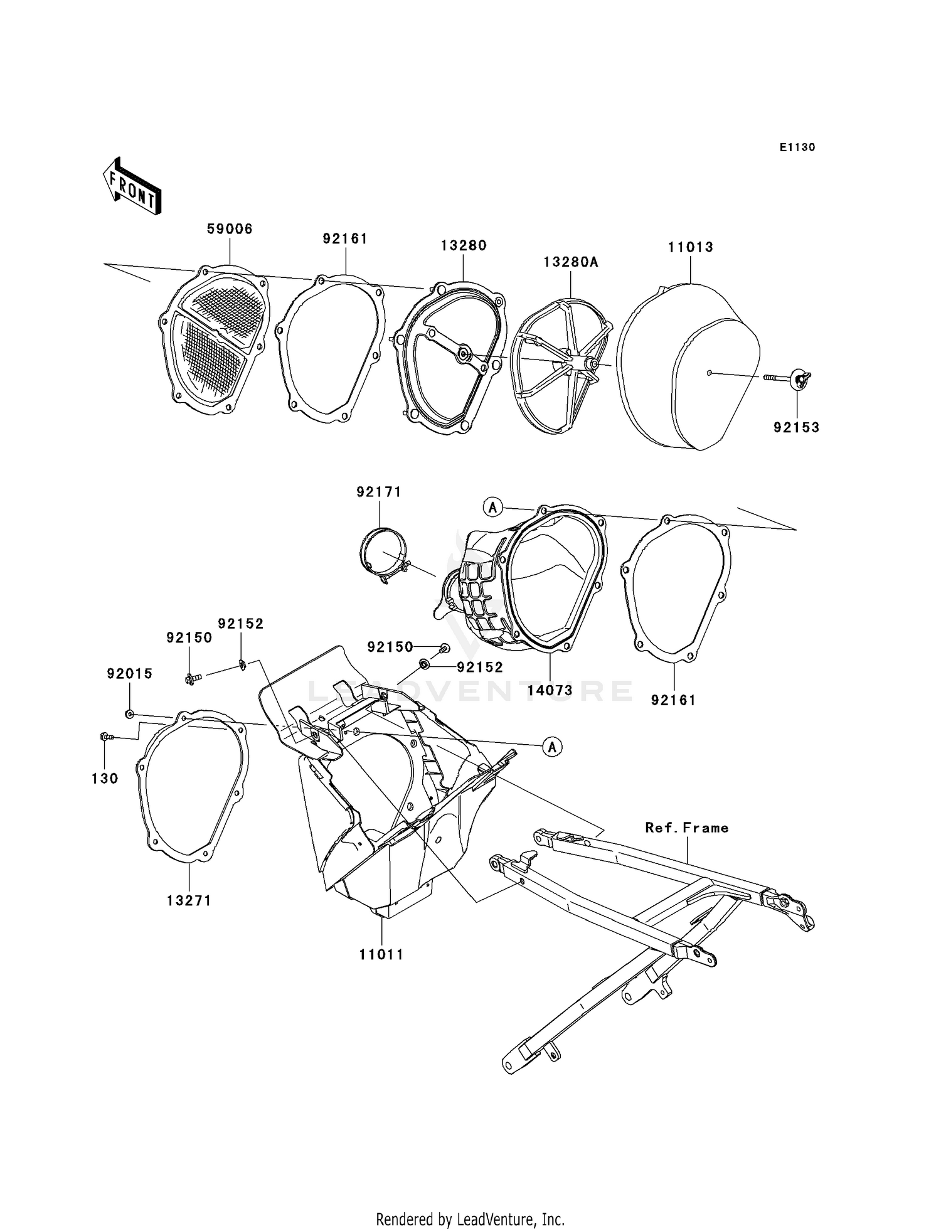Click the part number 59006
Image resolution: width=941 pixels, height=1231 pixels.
[x=230, y=230]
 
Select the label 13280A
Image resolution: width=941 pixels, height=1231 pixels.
[x=571, y=262]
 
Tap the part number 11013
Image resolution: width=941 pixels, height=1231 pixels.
[x=690, y=247]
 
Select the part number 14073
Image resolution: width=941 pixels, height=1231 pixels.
[x=550, y=690]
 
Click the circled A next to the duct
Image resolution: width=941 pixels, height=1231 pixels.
[x=493, y=506]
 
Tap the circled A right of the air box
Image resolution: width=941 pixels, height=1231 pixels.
[x=552, y=747]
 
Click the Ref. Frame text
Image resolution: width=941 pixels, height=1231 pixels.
[x=687, y=828]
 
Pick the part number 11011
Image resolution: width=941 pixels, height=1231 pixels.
[x=381, y=954]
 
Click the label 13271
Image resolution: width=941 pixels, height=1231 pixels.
[x=189, y=900]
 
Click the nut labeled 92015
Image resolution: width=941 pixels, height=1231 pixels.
[x=129, y=714]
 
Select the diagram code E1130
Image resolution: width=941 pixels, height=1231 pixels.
[x=797, y=147]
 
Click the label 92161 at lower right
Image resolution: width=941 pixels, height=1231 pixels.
[x=674, y=700]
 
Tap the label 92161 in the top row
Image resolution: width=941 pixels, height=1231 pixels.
[x=345, y=239]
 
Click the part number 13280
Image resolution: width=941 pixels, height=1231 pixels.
[x=464, y=245]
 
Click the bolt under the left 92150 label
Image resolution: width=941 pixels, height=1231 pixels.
[x=191, y=678]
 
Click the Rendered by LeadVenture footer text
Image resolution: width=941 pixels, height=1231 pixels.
[x=470, y=1219]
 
